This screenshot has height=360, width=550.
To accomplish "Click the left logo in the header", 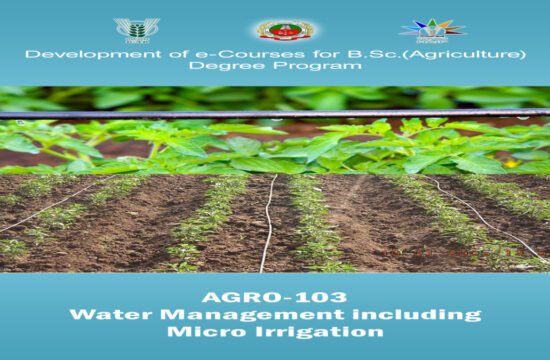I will [x=136, y=29].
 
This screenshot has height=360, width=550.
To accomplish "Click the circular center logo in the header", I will [x=272, y=30].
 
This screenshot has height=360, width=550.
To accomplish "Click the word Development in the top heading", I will [x=76, y=54].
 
